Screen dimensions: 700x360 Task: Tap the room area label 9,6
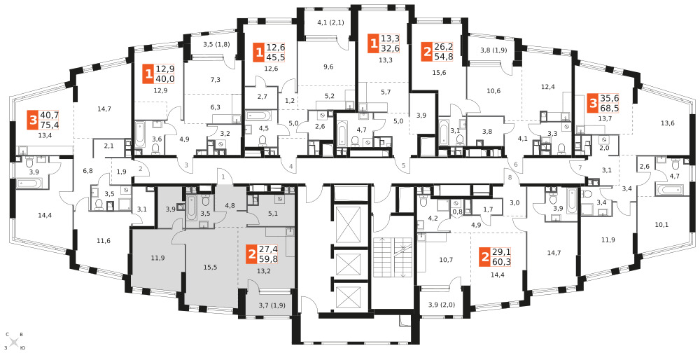click(x=328, y=67)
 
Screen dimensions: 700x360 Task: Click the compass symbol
click(x=14, y=342)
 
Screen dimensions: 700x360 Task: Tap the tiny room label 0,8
click(x=457, y=212)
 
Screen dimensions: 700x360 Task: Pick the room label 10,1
click(x=661, y=225)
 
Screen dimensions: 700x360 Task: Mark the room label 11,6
click(x=103, y=241)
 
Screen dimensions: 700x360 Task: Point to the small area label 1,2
click(x=290, y=100)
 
